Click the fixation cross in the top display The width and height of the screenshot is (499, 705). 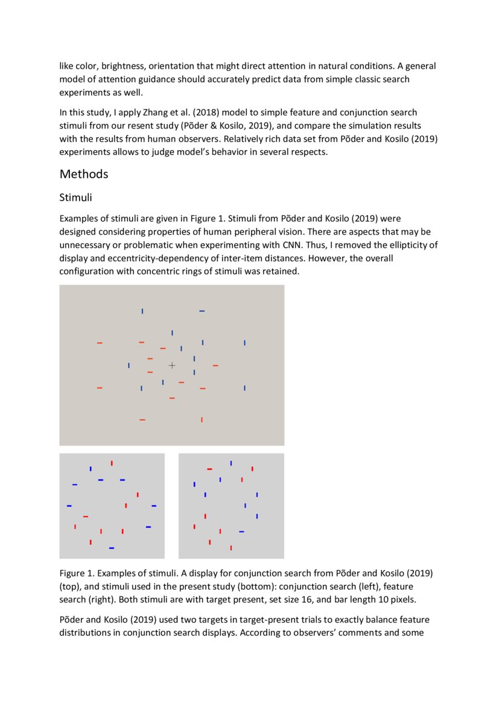coord(172,365)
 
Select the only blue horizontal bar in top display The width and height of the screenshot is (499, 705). coord(202,311)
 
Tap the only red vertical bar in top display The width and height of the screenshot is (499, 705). coord(202,419)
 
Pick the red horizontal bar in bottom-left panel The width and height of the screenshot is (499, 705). coord(86,516)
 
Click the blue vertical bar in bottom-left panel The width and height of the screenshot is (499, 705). coord(91,469)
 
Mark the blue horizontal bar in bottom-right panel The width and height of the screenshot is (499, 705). coord(241,531)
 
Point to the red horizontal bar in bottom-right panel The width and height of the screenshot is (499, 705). coord(209,469)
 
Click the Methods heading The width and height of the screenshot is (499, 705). coord(84,174)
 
